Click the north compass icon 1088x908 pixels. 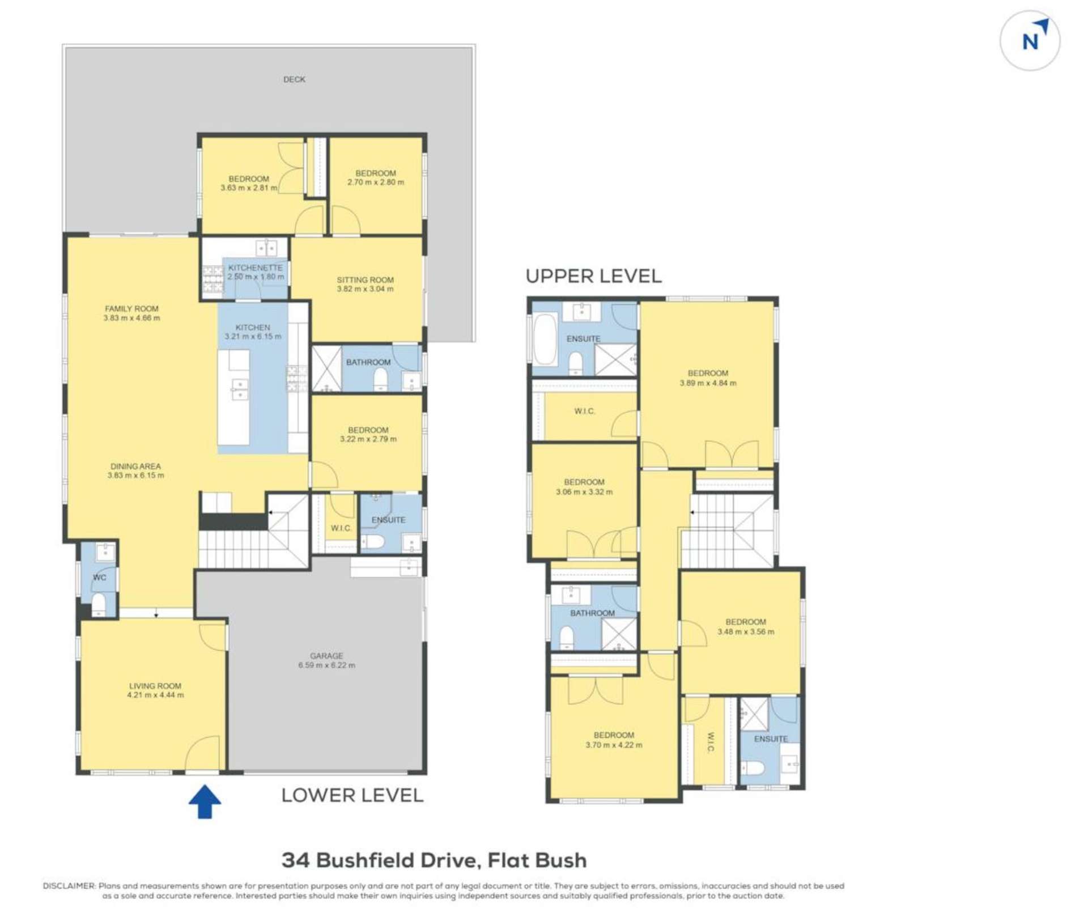click(x=1029, y=40)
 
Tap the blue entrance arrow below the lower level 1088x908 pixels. click(x=205, y=801)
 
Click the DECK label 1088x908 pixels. click(x=294, y=79)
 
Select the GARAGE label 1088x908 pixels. click(x=326, y=656)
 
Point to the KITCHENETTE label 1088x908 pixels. click(x=255, y=268)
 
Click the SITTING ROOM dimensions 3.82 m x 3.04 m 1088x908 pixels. click(x=365, y=289)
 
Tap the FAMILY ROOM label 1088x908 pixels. click(x=131, y=309)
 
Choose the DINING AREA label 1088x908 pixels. click(x=135, y=466)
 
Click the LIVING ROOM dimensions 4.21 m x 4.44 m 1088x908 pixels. click(x=155, y=695)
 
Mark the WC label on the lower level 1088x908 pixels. click(x=99, y=578)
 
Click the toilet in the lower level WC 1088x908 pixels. click(x=99, y=604)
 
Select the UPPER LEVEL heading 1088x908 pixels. click(x=593, y=276)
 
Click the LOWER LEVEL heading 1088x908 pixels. click(x=352, y=795)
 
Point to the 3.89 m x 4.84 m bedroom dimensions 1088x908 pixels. click(x=708, y=383)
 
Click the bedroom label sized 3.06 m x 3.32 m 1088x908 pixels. click(x=584, y=482)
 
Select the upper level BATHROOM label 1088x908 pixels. click(x=592, y=613)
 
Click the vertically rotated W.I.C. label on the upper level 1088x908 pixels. click(x=711, y=742)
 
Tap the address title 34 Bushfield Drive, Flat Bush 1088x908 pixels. click(x=434, y=860)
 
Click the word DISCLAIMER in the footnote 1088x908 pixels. click(x=69, y=885)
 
